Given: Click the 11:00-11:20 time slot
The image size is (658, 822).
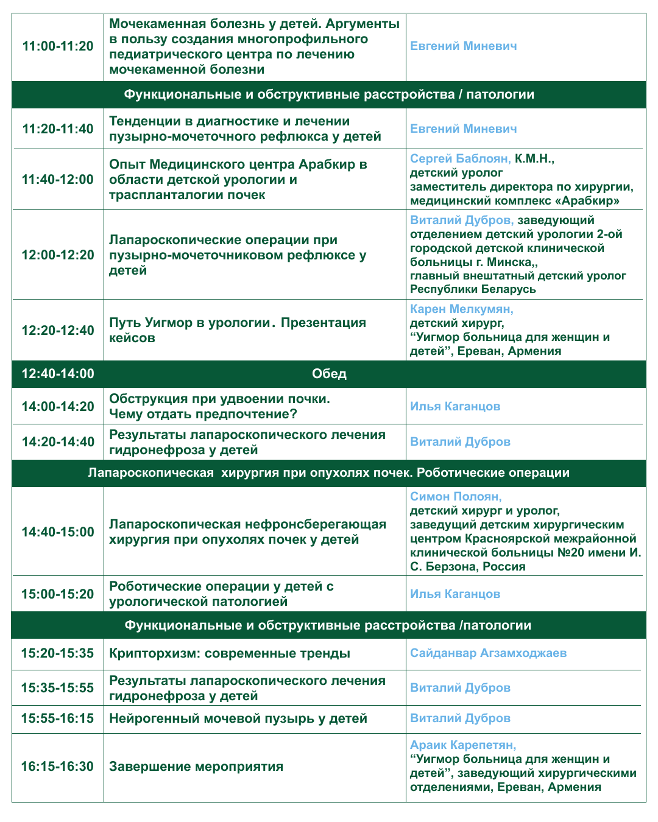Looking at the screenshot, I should pyautogui.click(x=58, y=46).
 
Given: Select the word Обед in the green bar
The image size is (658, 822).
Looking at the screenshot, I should pyautogui.click(x=329, y=374).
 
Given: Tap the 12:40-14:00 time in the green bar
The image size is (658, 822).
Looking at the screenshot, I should pyautogui.click(x=58, y=374).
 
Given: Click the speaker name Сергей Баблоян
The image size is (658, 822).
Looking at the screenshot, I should pyautogui.click(x=460, y=159).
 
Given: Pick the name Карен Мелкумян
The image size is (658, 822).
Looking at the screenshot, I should pyautogui.click(x=461, y=309).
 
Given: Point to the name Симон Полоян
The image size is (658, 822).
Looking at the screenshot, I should pyautogui.click(x=455, y=497).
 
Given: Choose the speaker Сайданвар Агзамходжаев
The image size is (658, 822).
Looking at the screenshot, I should pyautogui.click(x=488, y=653).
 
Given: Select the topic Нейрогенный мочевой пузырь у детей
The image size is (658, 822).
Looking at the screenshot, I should pyautogui.click(x=238, y=718).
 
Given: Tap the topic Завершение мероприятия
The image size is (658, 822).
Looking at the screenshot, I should pyautogui.click(x=196, y=767).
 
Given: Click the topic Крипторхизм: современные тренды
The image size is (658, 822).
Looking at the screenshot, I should pyautogui.click(x=230, y=654).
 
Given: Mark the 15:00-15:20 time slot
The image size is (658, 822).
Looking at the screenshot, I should pyautogui.click(x=58, y=594).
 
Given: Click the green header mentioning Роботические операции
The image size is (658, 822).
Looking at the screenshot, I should pyautogui.click(x=329, y=473).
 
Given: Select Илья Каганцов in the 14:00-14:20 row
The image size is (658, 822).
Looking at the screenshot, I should pyautogui.click(x=455, y=407).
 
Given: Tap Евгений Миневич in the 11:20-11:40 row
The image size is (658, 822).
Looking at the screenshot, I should pyautogui.click(x=463, y=129).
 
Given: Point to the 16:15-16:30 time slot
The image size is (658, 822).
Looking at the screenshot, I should pyautogui.click(x=58, y=767).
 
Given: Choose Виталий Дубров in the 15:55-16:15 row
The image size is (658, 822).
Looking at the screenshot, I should pyautogui.click(x=460, y=718).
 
